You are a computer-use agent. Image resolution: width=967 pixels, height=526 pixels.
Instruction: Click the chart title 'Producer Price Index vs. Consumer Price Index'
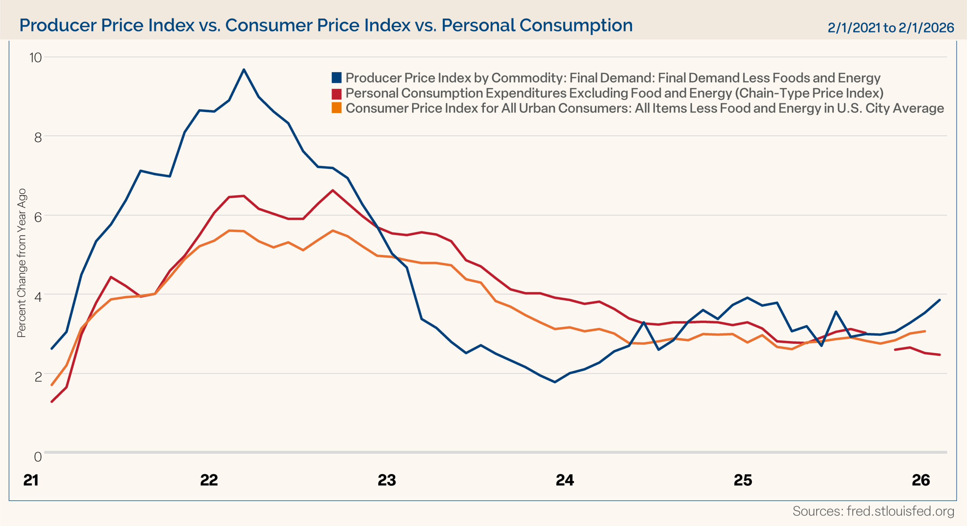(326, 26)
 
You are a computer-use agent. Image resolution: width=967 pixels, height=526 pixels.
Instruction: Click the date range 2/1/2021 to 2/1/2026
(891, 28)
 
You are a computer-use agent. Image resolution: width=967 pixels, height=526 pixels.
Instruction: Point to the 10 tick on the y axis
(36, 58)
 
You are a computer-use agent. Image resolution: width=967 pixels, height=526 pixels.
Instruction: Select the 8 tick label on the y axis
(38, 137)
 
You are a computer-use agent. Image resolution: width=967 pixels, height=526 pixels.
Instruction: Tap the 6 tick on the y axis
(38, 217)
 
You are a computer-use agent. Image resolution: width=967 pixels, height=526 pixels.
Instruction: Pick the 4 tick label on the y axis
(38, 296)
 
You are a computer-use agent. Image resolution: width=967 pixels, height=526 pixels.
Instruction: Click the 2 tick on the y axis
(38, 377)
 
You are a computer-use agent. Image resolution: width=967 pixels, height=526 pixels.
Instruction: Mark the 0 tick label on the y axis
(38, 457)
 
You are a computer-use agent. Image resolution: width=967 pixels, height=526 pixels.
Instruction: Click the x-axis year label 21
(31, 480)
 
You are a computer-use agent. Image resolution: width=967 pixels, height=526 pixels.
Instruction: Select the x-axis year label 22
(209, 480)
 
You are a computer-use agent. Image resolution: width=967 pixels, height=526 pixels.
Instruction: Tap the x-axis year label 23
(387, 480)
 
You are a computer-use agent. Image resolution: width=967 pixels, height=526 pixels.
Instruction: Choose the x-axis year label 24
(565, 480)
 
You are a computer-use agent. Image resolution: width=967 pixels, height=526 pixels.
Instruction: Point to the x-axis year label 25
(743, 480)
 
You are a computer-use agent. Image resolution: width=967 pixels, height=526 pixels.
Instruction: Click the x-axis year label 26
(921, 480)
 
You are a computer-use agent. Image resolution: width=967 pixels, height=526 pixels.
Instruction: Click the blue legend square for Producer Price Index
(337, 78)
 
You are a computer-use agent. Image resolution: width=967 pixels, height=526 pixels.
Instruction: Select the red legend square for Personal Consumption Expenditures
(337, 93)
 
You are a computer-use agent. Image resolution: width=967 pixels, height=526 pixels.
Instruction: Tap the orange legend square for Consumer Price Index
(337, 108)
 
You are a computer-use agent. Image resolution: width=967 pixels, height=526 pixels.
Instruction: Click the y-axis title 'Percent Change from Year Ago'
(22, 263)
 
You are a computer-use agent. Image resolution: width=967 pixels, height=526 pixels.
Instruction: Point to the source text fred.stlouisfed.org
(873, 511)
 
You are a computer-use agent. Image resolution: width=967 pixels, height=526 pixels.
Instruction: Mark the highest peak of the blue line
(244, 70)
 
